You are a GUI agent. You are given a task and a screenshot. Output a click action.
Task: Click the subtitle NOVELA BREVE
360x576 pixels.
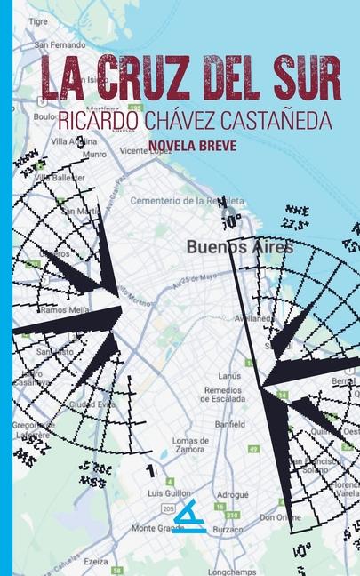click(193, 146)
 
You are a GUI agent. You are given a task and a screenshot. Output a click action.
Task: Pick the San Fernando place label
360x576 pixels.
click(60, 44)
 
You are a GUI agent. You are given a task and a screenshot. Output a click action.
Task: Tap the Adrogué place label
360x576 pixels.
click(233, 493)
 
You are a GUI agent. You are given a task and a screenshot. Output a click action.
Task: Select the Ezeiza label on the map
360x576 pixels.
click(96, 562)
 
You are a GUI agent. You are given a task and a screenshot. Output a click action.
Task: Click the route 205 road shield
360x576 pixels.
click(168, 507)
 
